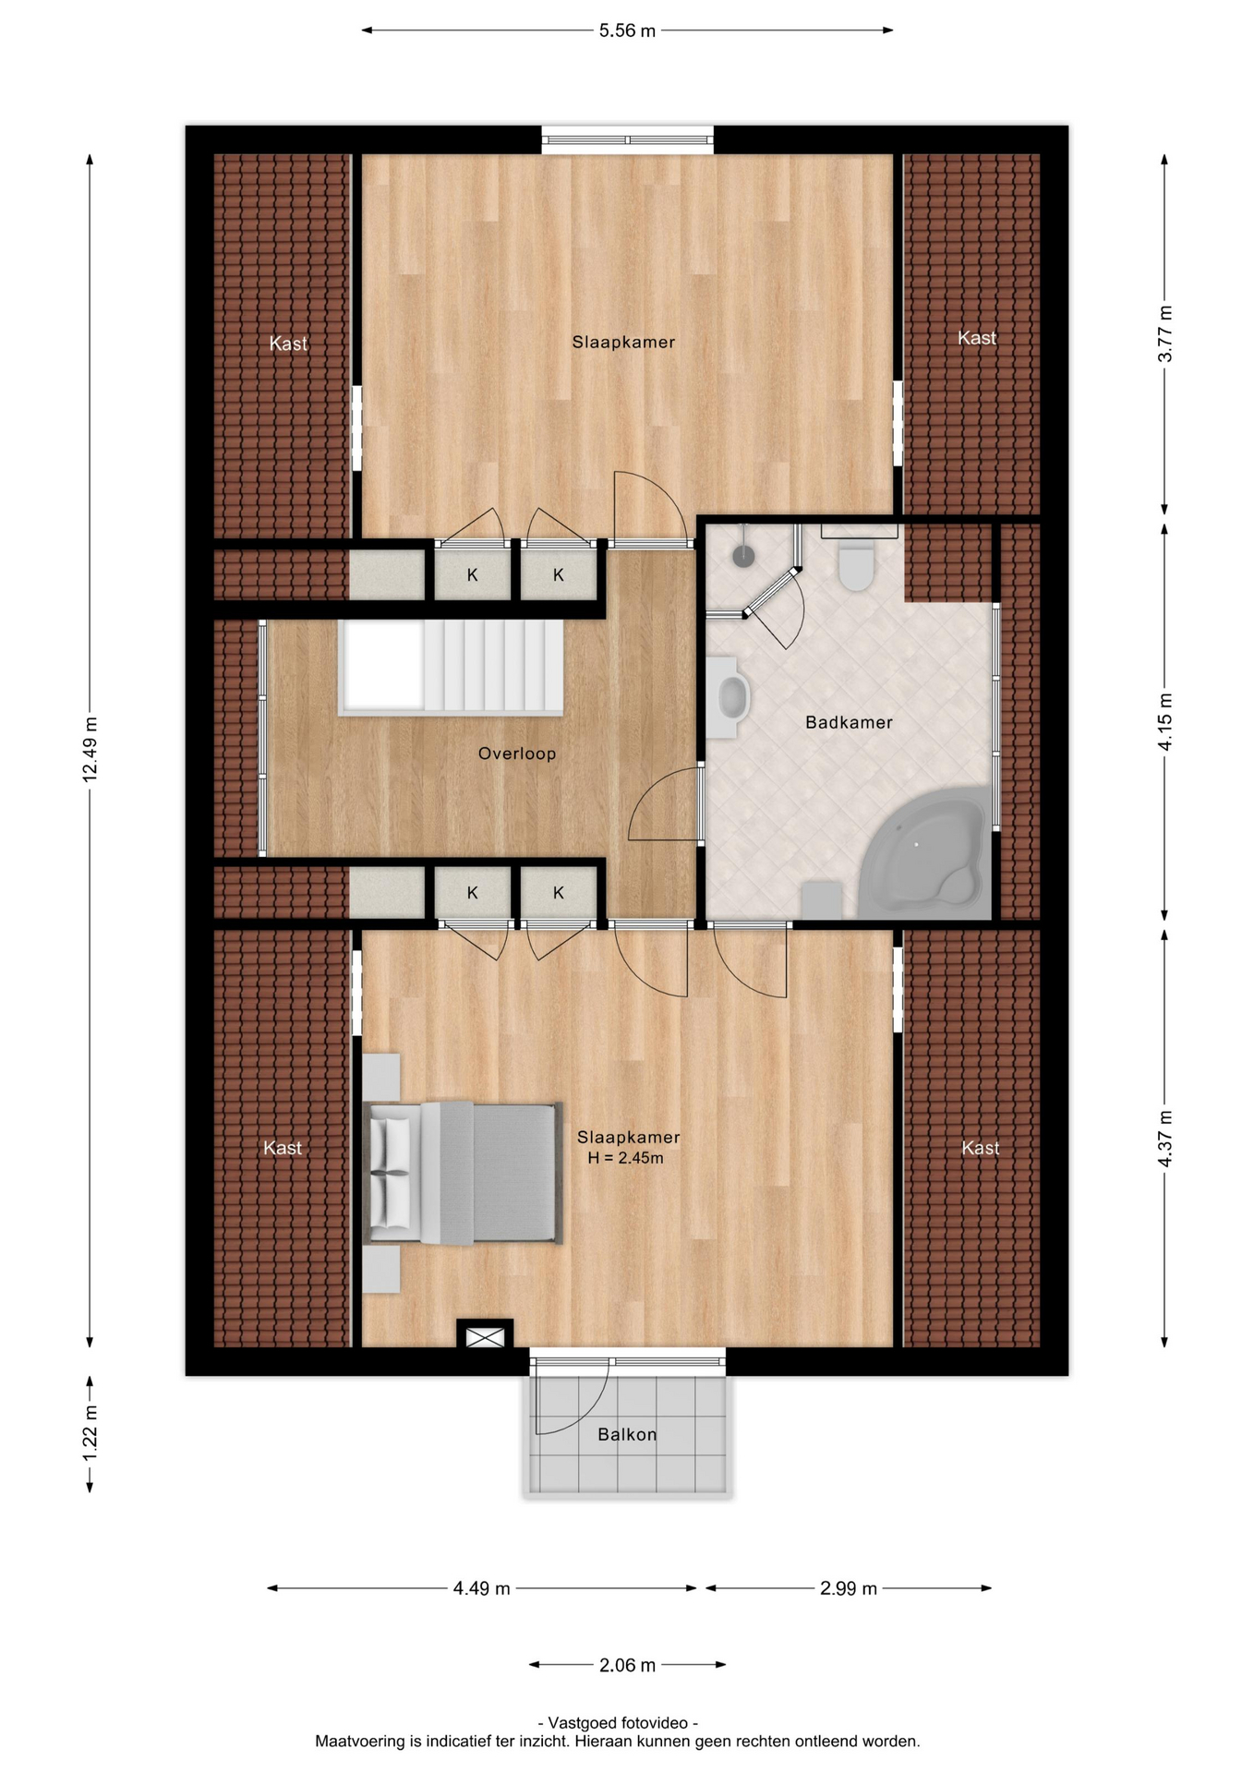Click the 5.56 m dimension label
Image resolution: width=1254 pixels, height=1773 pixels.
point(627,30)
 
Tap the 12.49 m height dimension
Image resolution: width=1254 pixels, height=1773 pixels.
point(90,749)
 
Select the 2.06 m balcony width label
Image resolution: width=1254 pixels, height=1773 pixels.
point(627,1665)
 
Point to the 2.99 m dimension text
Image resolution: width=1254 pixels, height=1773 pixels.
point(848,1588)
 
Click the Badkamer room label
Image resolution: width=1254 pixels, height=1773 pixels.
point(849,722)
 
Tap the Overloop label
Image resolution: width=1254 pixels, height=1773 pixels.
point(517,754)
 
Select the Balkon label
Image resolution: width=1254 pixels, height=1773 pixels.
point(627,1434)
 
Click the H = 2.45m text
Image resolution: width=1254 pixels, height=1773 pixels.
point(625,1158)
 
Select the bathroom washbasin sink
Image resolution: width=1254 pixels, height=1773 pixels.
point(732,698)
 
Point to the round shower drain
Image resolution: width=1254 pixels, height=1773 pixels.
point(743,555)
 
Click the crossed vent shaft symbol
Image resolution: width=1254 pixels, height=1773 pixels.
point(485,1336)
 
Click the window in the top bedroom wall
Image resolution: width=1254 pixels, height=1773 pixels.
point(627,140)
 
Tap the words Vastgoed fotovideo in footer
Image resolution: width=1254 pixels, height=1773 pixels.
point(617,1723)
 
